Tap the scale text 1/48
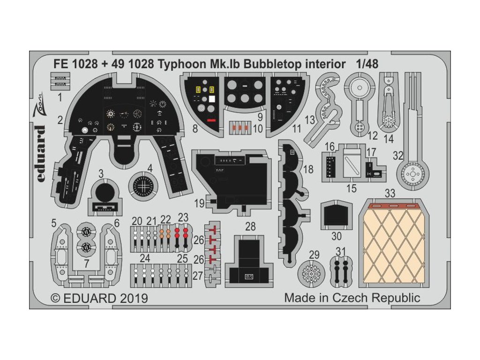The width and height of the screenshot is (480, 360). [358, 64]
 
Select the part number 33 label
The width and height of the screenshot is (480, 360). [390, 192]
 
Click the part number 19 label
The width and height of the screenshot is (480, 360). [199, 203]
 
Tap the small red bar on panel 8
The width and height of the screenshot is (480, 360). [211, 120]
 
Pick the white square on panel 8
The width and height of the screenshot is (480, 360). [212, 99]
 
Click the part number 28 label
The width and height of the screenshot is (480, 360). [251, 226]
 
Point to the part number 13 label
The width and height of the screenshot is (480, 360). [310, 120]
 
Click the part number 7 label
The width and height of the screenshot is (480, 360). [87, 263]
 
